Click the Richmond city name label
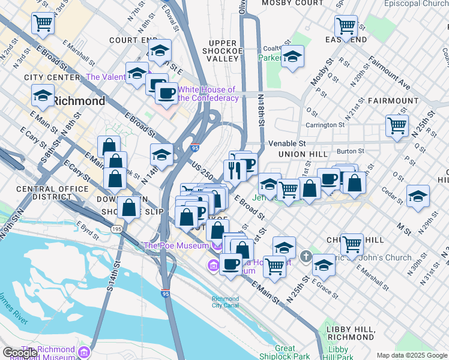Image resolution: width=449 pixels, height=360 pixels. coord(79,101)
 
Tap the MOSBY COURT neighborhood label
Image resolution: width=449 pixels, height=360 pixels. coord(293,3)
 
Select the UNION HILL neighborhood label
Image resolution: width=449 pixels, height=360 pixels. coord(303,154)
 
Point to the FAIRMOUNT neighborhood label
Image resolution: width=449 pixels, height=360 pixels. coord(393,101)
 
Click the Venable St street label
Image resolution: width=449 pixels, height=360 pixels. coord(287,144)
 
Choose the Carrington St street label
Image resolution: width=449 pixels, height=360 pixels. coord(325,125)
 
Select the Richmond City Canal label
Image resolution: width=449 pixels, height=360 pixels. coord(225,302)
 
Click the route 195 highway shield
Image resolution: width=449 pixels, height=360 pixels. coord(117,230)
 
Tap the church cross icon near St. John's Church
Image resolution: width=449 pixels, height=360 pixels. coord(307,257)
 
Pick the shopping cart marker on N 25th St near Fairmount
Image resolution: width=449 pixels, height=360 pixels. coord(397,126)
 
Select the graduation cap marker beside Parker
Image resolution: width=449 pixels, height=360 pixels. coord(292,57)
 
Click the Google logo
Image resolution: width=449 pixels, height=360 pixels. coord(21,353)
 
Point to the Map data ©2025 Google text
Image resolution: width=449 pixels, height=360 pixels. coord(411,355)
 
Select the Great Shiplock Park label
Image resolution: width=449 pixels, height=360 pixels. coord(285,352)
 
